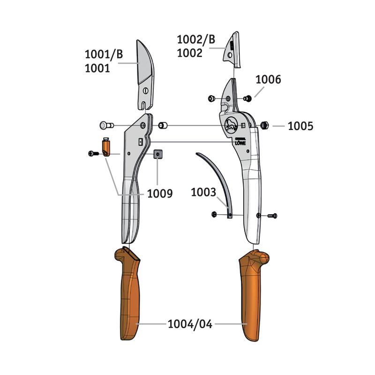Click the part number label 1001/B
point(104,54)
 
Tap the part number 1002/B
point(196,39)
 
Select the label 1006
point(268,80)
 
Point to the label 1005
point(300,126)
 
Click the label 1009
point(160,194)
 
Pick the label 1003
point(203,192)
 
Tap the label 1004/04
point(190,324)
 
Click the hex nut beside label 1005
point(264,125)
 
